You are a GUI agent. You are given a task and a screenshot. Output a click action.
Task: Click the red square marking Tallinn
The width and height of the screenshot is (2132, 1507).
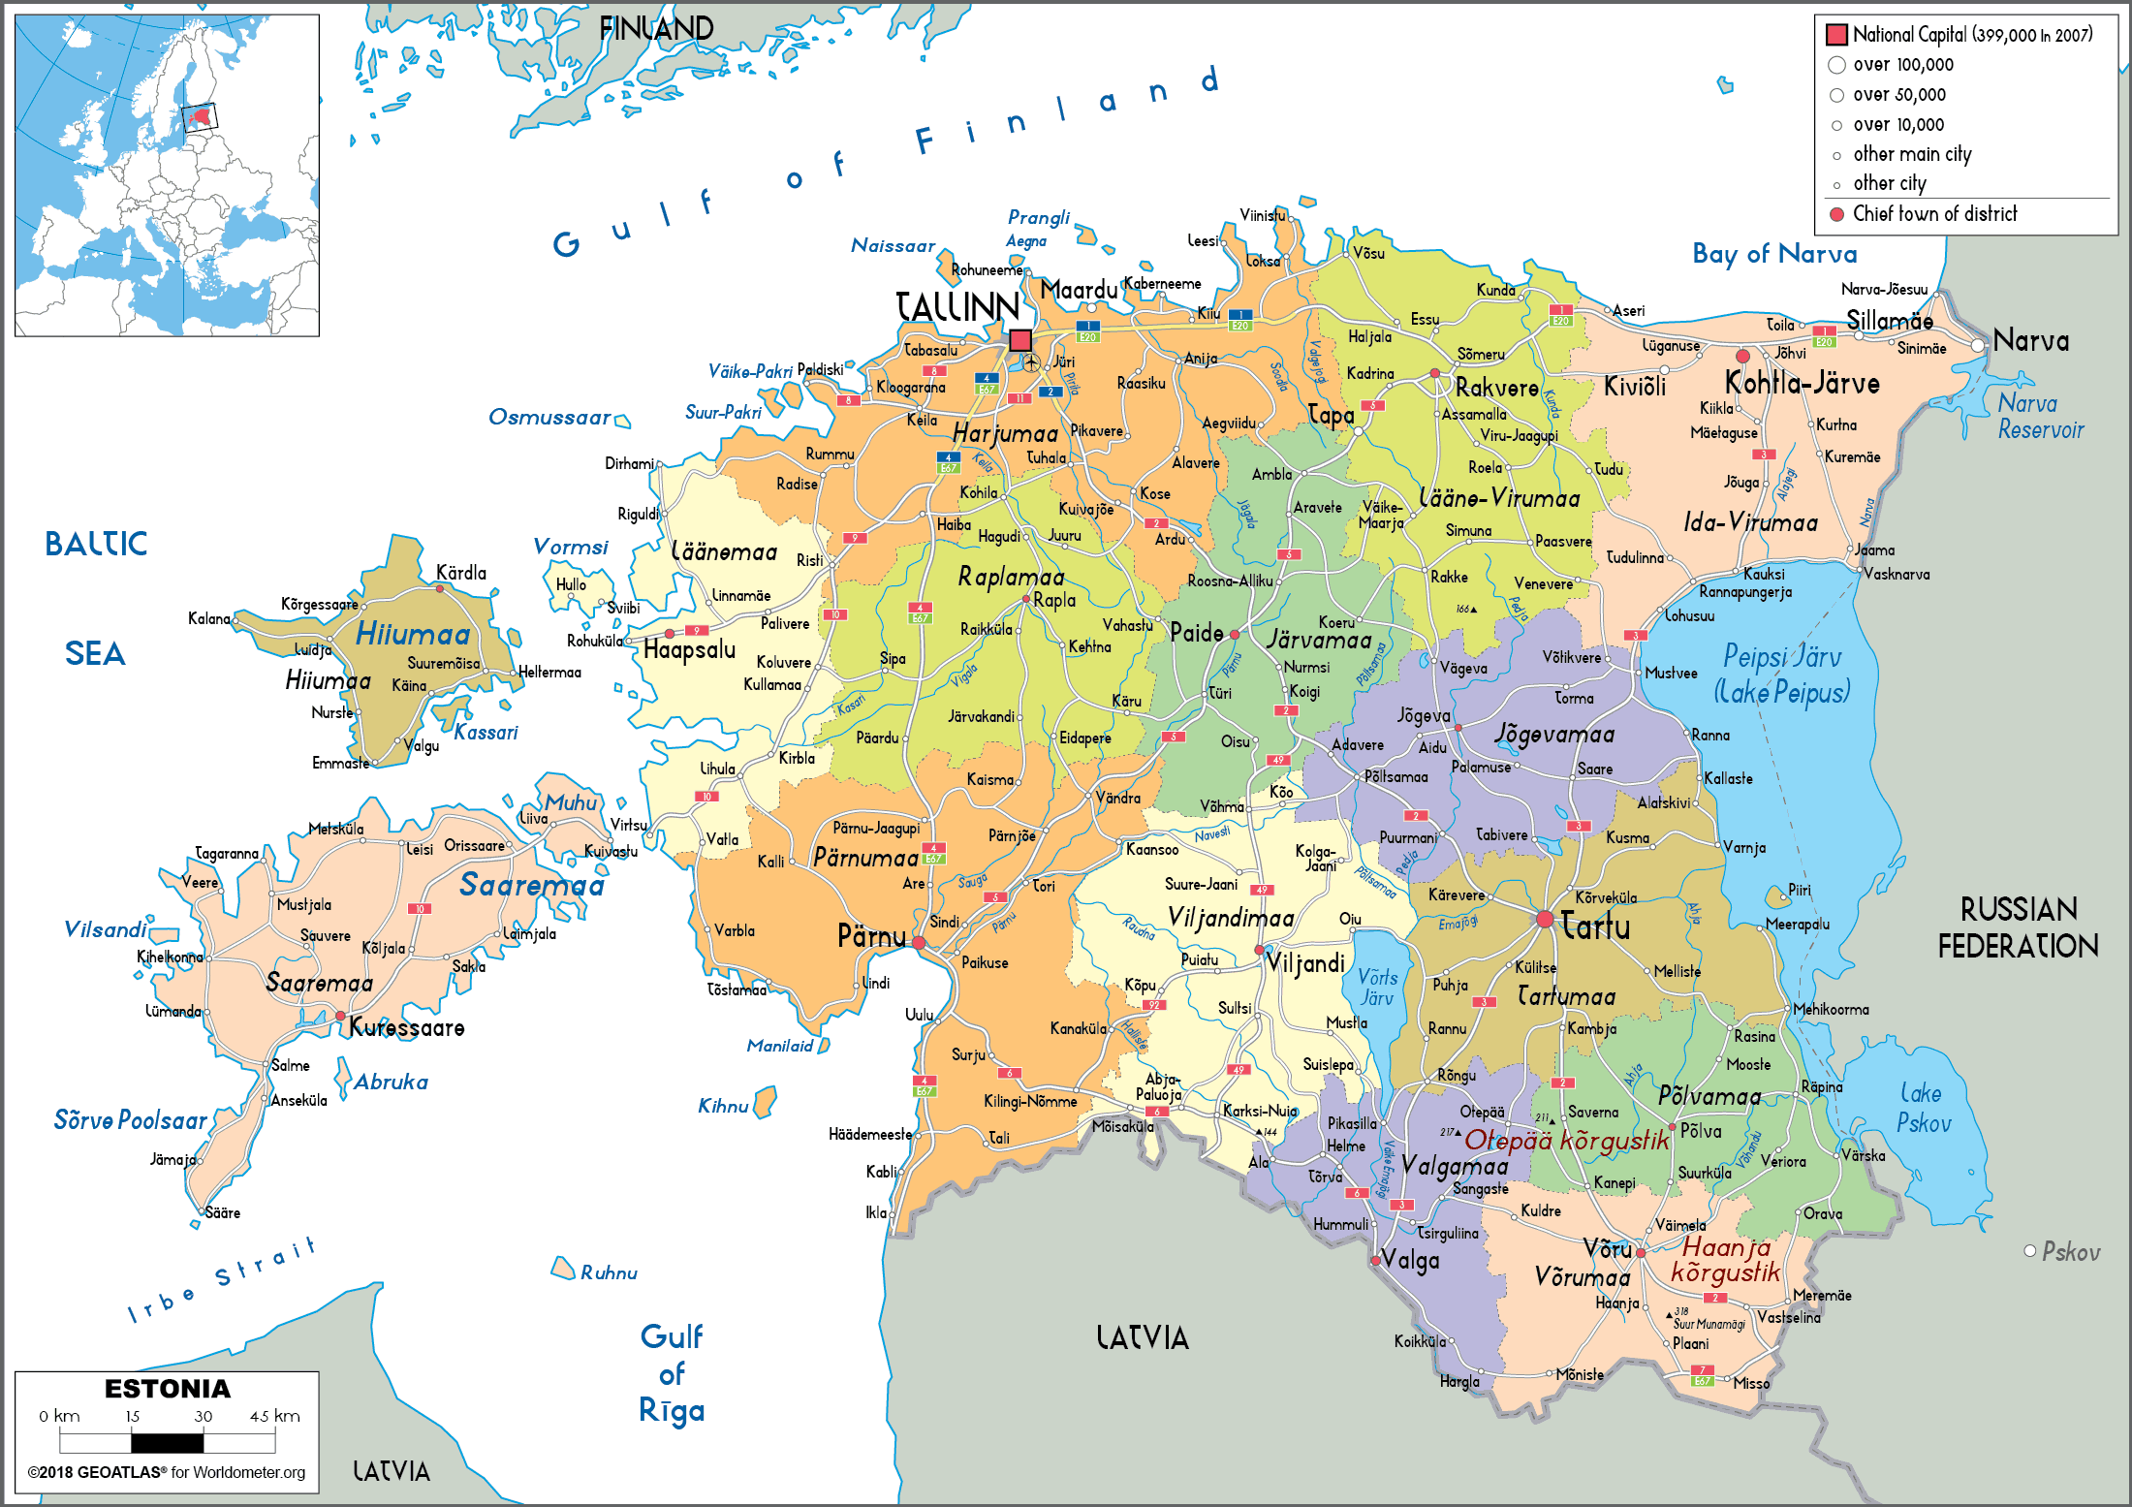[x=1019, y=340]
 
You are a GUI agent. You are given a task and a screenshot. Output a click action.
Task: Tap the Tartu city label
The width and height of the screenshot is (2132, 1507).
[x=1595, y=927]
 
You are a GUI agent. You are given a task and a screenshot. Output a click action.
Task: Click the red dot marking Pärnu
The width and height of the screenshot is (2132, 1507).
[x=919, y=942]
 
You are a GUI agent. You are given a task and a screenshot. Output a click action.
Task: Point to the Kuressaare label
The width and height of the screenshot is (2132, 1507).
[x=407, y=1028]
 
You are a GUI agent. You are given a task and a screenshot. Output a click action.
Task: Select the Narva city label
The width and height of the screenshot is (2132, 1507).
[x=2031, y=341]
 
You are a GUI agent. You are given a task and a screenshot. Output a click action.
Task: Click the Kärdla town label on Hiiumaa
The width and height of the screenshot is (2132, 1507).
[x=461, y=573]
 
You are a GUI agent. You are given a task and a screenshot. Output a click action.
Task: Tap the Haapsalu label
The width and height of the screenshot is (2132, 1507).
[x=690, y=650]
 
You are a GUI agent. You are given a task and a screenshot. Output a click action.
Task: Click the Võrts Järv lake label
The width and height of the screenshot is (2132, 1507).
[x=1377, y=987]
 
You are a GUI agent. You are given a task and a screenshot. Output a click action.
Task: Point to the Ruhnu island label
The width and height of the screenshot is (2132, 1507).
[x=609, y=1272]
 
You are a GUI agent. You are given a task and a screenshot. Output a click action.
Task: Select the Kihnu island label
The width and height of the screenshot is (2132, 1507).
[x=723, y=1106]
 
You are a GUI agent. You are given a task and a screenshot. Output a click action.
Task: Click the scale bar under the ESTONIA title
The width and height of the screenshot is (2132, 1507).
[x=167, y=1442]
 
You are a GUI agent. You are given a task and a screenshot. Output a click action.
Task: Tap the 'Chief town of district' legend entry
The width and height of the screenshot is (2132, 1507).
[x=1934, y=214]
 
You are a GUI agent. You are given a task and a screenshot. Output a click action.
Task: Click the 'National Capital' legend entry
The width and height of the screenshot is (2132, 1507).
[x=1971, y=35]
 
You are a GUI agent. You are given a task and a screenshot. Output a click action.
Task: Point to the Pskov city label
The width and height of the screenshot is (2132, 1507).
[x=2071, y=1252]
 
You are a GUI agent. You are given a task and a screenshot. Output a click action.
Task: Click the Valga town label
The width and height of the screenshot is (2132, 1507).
[x=1411, y=1261]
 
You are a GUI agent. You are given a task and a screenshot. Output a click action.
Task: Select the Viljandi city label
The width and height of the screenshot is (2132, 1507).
[x=1305, y=963]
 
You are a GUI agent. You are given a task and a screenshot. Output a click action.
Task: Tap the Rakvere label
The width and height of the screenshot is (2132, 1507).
[x=1497, y=389]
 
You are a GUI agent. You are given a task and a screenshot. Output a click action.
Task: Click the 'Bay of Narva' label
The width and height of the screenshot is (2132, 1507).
[x=1774, y=254]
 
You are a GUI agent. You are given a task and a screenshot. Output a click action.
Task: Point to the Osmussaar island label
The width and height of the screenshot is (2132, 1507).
[x=549, y=418]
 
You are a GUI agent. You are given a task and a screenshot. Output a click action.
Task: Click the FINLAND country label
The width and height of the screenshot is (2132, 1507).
[x=656, y=29]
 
